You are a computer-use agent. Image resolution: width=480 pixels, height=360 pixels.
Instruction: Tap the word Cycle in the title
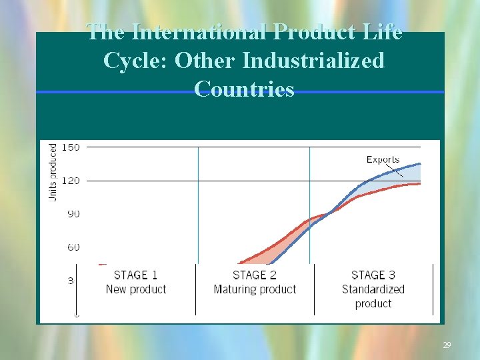pos(135,61)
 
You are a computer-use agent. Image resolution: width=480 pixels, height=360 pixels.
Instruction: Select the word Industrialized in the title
pos(313,61)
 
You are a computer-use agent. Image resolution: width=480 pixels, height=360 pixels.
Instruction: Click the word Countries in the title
pos(244,89)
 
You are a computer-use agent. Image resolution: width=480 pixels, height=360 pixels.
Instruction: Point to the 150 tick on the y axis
pos(71,147)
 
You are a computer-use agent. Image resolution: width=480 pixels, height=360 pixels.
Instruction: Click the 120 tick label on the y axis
pos(71,181)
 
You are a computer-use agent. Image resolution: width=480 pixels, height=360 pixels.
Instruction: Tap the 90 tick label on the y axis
pos(73,214)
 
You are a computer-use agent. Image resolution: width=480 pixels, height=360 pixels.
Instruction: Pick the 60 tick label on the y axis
pos(73,247)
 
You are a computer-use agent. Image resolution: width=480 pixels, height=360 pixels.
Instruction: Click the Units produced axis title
pos(53,171)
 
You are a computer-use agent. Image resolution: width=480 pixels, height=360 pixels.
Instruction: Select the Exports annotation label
pos(383,159)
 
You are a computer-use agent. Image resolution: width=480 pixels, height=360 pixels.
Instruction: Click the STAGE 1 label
pos(136,275)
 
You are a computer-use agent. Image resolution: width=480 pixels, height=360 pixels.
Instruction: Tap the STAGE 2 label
pos(255,275)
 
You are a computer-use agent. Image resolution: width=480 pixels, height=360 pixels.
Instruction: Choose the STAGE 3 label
pos(373,275)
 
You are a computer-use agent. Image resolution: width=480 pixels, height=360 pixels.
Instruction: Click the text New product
pos(136,289)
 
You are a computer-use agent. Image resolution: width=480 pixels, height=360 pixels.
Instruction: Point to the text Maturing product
pos(255,289)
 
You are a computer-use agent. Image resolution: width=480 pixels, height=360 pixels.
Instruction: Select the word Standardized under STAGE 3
pos(373,289)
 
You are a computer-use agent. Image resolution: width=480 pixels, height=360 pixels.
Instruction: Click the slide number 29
pos(447,345)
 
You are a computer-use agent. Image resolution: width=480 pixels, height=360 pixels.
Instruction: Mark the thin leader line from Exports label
pos(394,171)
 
